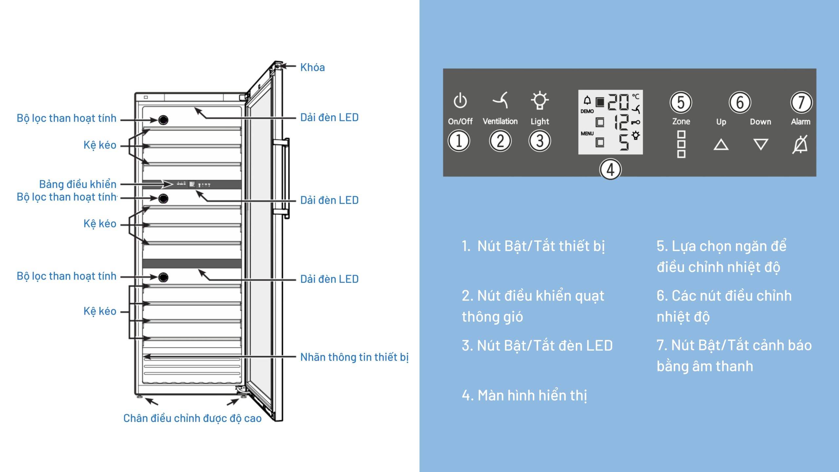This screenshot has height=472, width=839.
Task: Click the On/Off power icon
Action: [x=460, y=100]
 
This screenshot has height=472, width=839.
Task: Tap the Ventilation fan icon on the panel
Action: [x=500, y=100]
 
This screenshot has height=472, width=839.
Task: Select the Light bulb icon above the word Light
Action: [x=539, y=100]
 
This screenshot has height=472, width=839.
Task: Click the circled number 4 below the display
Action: [x=610, y=170]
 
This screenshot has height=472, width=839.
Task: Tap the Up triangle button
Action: [x=721, y=145]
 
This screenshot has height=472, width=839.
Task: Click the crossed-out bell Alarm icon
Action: [x=800, y=145]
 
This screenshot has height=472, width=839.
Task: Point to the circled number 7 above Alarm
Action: [x=801, y=102]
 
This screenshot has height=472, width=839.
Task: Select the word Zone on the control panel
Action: [x=681, y=122]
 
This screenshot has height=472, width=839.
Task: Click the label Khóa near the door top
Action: [x=312, y=68]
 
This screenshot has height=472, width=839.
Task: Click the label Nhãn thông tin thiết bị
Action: [x=354, y=357]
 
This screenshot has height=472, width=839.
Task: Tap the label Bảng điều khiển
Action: [x=78, y=184]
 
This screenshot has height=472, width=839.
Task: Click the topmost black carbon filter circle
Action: [x=163, y=120]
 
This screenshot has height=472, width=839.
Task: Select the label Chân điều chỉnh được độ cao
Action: [x=192, y=418]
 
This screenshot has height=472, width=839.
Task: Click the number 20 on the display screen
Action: [x=618, y=102]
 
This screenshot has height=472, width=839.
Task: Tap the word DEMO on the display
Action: [x=587, y=111]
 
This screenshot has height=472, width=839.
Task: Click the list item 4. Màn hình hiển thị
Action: [x=524, y=395]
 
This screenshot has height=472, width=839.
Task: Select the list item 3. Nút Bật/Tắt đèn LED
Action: [x=537, y=345]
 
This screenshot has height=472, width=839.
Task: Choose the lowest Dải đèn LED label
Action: [x=329, y=279]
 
